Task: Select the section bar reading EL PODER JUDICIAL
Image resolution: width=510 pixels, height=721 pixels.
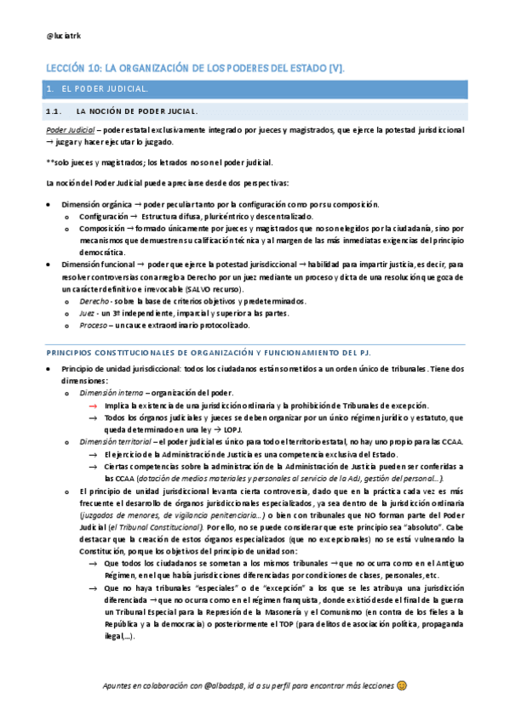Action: coord(255,88)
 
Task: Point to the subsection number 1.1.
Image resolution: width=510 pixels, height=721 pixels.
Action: coord(54,111)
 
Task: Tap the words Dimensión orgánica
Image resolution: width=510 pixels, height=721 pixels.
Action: coord(97,205)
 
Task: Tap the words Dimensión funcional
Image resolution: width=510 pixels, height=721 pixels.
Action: coord(98,265)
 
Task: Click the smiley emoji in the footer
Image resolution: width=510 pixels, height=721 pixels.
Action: coord(402,684)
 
